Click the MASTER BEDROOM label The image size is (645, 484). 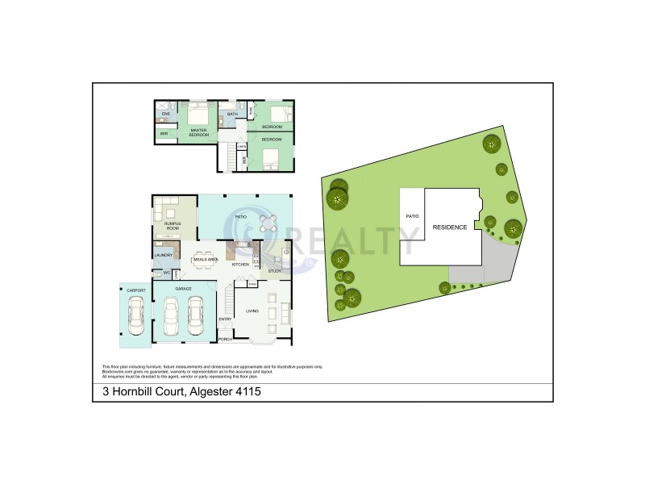pyautogui.click(x=198, y=131)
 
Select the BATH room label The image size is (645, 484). pyautogui.click(x=232, y=115)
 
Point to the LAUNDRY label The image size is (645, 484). pyautogui.click(x=164, y=256)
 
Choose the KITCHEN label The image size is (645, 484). pyautogui.click(x=240, y=265)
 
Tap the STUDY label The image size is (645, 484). pyautogui.click(x=274, y=271)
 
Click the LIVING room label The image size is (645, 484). pyautogui.click(x=252, y=310)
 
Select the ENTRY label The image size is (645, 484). pyautogui.click(x=225, y=319)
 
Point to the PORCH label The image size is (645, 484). pyautogui.click(x=225, y=340)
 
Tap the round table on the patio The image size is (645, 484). pyautogui.click(x=268, y=223)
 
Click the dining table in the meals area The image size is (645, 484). pyautogui.click(x=203, y=261)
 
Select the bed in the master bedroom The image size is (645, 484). pyautogui.click(x=198, y=115)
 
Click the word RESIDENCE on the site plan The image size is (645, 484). pyautogui.click(x=450, y=227)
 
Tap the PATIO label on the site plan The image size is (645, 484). pyautogui.click(x=413, y=217)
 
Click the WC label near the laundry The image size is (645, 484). pyautogui.click(x=166, y=273)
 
